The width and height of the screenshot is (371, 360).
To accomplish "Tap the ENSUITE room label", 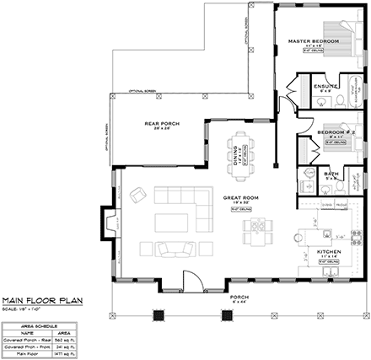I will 324,86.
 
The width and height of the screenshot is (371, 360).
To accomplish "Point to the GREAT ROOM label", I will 239,198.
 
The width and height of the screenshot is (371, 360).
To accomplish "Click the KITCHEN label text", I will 327,252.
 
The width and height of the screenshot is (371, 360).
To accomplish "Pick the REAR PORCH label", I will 163,125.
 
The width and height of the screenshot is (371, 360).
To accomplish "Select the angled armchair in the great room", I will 137,196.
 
